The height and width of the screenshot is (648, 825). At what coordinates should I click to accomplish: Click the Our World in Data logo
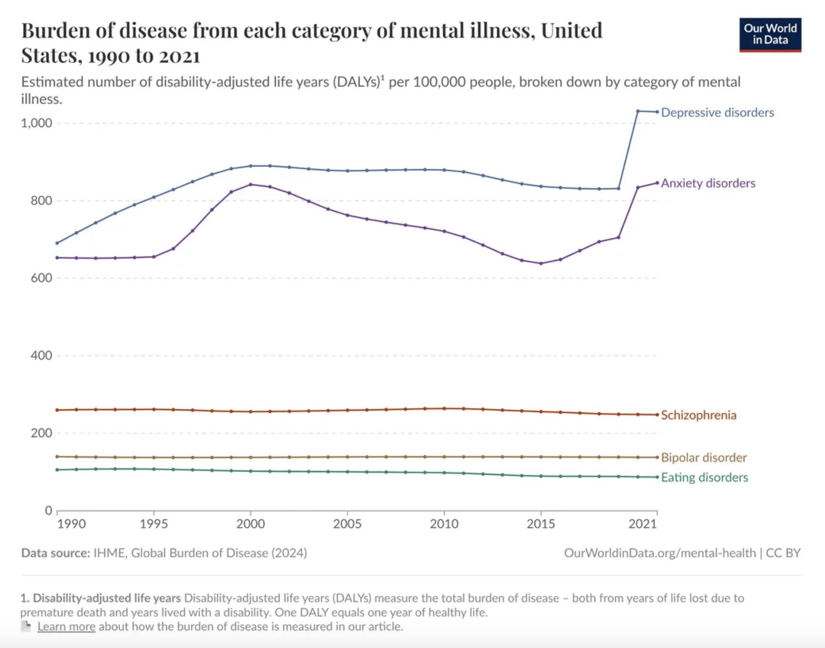pos(770,35)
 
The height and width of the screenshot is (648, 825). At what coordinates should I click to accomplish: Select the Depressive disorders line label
pos(717,112)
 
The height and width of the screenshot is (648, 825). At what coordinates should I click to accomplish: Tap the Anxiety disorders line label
pos(708,183)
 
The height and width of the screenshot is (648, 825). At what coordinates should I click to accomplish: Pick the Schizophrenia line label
pos(698,415)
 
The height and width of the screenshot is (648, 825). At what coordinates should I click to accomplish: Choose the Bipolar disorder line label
pos(704,458)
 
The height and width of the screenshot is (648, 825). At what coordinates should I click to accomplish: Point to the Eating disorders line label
pos(704,477)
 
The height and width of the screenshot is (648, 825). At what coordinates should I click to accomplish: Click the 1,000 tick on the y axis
pos(37,123)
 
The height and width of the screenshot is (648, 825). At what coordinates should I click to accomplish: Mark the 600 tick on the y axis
pos(41,278)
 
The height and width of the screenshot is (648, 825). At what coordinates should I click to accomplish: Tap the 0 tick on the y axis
pos(48,510)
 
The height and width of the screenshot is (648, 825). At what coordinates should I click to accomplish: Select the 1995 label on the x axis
pos(153,524)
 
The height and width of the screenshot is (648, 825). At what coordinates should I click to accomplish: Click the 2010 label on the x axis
pos(444,524)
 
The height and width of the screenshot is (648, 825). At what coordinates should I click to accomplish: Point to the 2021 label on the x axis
pos(642,524)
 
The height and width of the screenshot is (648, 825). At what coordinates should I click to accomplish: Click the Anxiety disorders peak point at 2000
pos(250,184)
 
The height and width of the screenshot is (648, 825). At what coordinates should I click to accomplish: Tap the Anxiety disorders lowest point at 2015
pos(541,264)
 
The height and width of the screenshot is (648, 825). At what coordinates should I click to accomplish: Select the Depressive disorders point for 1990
pos(57,243)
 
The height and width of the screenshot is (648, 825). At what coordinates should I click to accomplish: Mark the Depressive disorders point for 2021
pos(657,111)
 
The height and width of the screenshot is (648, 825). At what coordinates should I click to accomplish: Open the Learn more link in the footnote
pos(66,626)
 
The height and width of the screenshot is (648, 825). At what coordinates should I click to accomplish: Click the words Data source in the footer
pos(56,553)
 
